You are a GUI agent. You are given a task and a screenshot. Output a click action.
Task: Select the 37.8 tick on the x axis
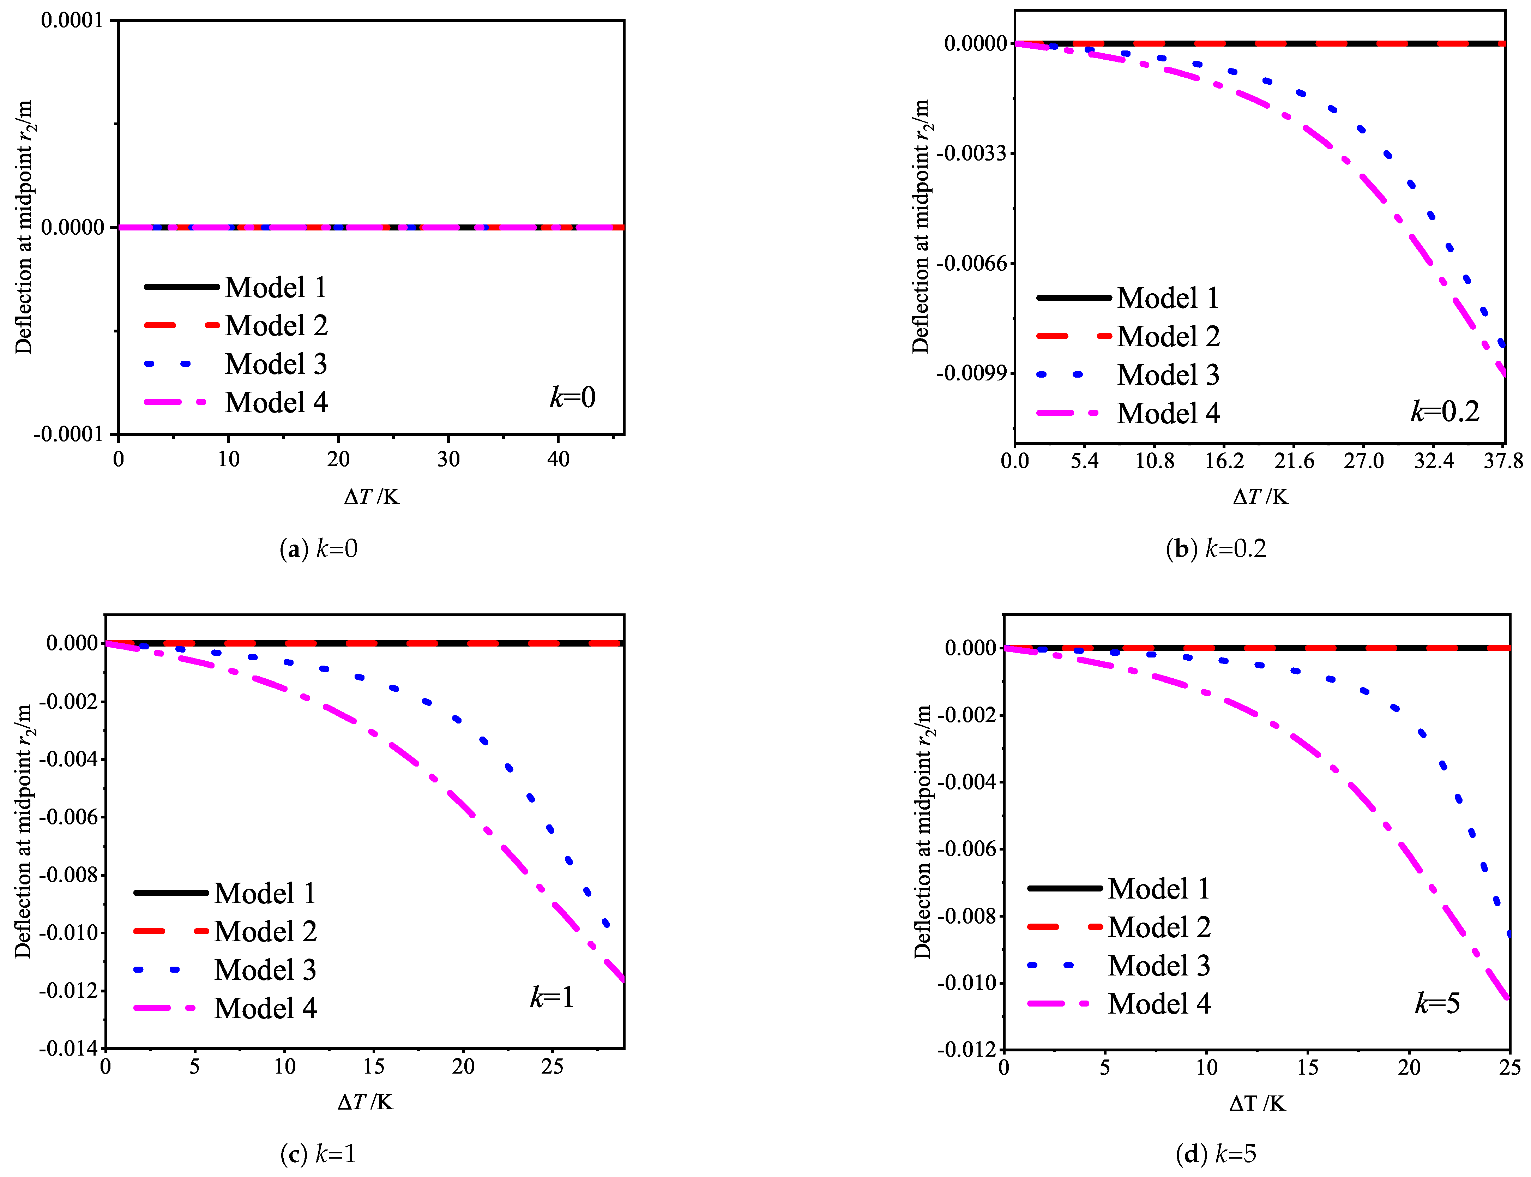pos(1503,461)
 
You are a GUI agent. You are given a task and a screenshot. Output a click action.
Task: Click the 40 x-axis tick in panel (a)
pos(558,460)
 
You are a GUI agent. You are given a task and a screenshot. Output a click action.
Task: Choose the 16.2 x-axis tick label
pos(1224,461)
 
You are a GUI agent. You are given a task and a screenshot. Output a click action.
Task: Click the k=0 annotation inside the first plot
pos(572,397)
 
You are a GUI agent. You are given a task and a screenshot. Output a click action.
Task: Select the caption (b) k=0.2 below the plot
pos(1216,548)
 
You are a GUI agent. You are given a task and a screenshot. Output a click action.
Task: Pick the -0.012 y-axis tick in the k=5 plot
pos(966,1050)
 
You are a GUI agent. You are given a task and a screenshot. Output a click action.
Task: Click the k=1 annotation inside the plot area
pos(552,997)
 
